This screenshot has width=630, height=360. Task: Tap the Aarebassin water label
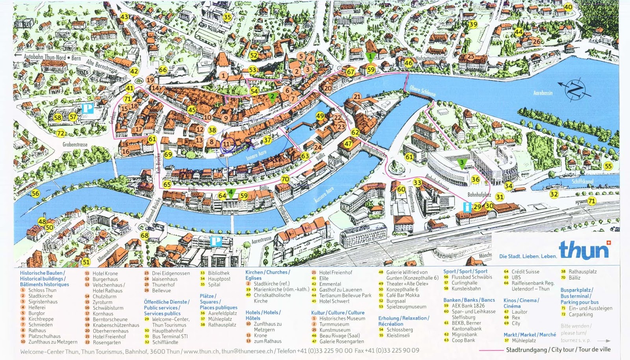click(x=543, y=93)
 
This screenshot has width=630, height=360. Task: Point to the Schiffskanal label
click(x=582, y=182)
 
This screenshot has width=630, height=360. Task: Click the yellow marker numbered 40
click(x=568, y=7)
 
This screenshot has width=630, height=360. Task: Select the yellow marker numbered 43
click(x=124, y=17)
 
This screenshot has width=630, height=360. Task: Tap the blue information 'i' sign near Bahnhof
click(x=467, y=207)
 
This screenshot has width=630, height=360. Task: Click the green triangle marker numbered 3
click(x=462, y=163)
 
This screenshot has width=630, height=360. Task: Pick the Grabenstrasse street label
click(x=75, y=145)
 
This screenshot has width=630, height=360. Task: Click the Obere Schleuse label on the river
click(x=422, y=91)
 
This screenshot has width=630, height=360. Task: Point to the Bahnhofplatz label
click(x=479, y=195)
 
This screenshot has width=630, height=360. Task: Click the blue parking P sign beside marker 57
click(x=87, y=108)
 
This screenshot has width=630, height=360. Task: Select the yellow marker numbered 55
click(x=608, y=166)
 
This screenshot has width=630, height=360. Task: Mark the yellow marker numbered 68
click(x=145, y=236)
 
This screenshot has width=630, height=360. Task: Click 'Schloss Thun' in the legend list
click(x=42, y=290)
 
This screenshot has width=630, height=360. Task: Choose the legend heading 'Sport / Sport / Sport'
click(x=465, y=271)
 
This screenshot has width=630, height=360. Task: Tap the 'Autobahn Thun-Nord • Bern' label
click(x=52, y=57)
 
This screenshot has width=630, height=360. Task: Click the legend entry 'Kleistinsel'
click(x=398, y=336)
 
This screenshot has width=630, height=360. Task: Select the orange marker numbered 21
click(x=357, y=96)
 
